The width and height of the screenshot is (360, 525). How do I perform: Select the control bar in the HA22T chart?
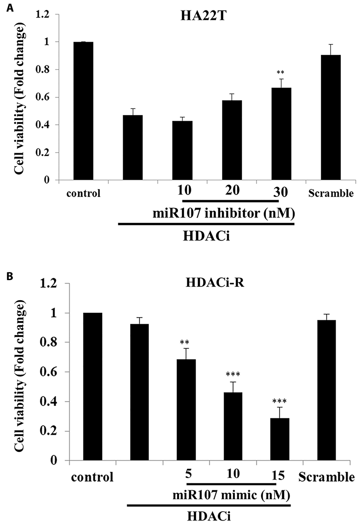(x=83, y=111)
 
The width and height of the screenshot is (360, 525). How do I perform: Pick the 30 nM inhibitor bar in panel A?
(x=281, y=134)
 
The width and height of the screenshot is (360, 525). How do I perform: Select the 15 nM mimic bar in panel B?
(x=279, y=439)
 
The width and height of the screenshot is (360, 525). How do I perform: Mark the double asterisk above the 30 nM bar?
(x=281, y=73)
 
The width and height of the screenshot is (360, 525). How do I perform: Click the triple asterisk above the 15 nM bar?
(x=279, y=401)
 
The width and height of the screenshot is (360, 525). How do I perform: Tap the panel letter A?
(x=10, y=8)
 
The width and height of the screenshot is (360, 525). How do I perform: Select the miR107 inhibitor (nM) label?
(x=224, y=213)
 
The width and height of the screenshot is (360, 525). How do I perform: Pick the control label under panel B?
(x=92, y=477)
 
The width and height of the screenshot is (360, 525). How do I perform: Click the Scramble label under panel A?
(x=331, y=193)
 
